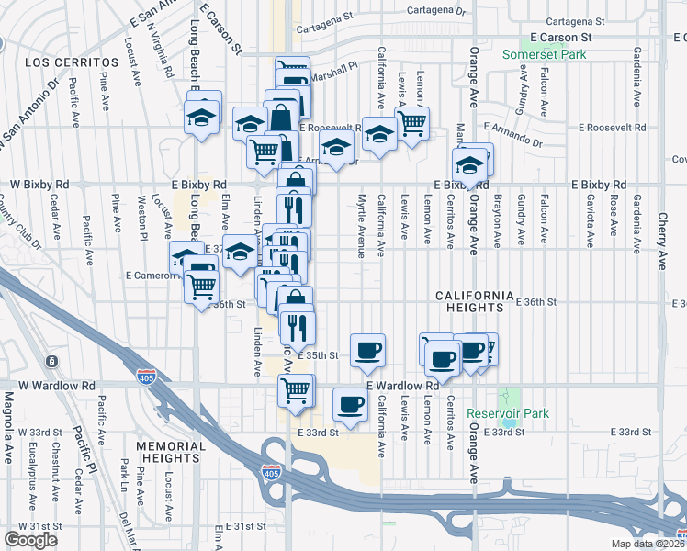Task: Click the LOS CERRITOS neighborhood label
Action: (x=61, y=62)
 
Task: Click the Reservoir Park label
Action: (x=507, y=414)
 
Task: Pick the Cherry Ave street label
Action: (x=662, y=237)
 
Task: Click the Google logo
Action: (x=31, y=540)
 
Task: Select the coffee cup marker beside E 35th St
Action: (x=367, y=349)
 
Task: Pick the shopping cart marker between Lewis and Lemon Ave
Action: (x=412, y=120)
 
